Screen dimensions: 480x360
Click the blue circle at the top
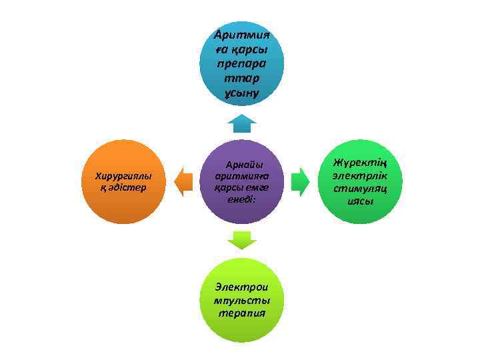coord(241,63)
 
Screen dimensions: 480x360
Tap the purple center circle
coord(241,181)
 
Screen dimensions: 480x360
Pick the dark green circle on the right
coord(359,181)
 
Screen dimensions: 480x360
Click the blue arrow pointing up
coord(241,123)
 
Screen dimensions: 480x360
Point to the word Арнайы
coord(244,164)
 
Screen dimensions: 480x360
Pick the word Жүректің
coord(359,162)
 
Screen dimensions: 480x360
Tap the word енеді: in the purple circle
coord(241,199)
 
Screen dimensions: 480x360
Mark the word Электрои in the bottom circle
coord(241,287)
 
